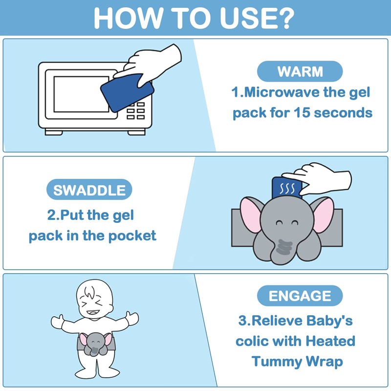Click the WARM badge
(300, 71)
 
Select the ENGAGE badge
(300, 296)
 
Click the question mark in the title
(285, 18)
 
